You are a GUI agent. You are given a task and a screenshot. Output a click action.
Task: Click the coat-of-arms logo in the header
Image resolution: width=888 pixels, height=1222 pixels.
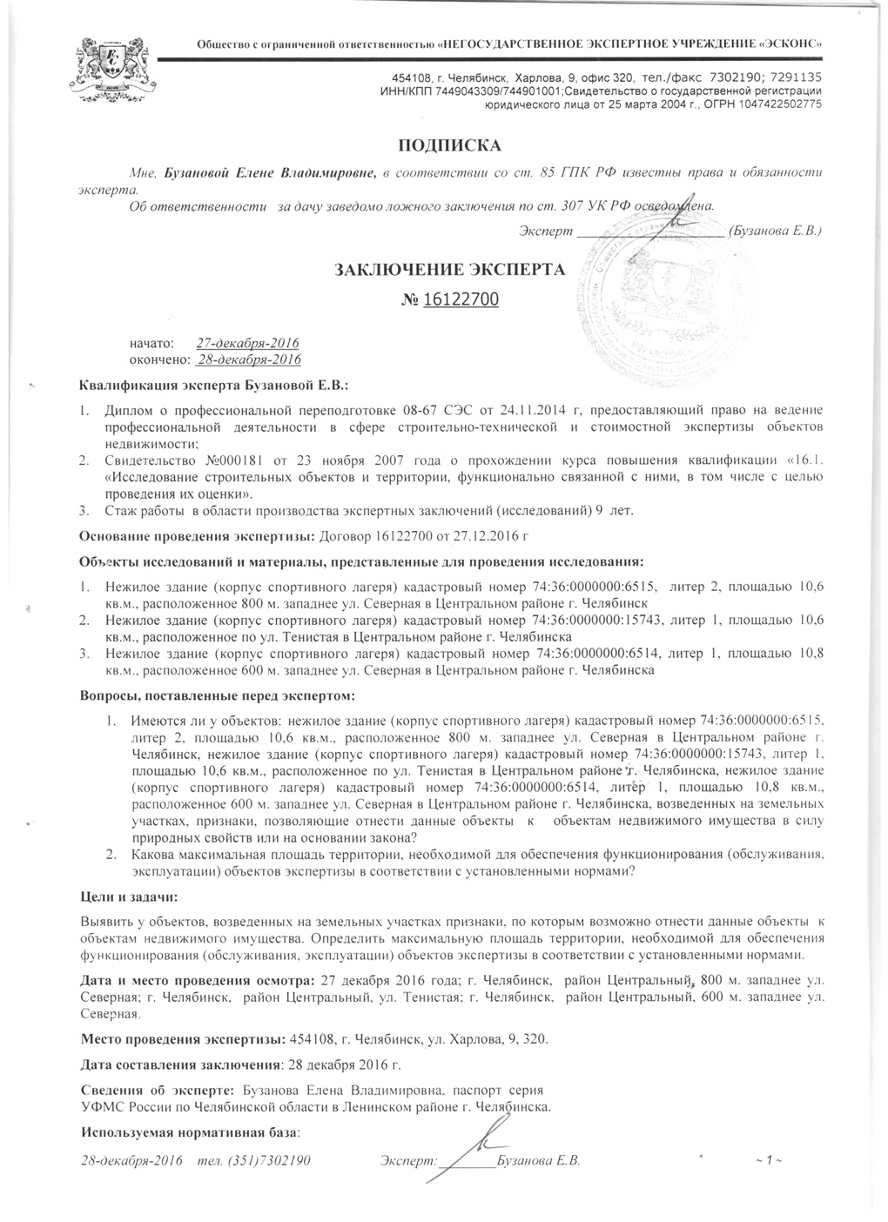(x=112, y=70)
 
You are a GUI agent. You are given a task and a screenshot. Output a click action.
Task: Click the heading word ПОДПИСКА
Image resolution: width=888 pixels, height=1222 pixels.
(x=450, y=144)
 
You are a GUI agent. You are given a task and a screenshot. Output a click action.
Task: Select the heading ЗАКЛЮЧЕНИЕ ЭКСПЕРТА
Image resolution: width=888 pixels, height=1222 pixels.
(x=450, y=269)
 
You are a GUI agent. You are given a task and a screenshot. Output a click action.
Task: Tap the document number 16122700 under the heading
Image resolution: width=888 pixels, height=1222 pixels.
(x=461, y=300)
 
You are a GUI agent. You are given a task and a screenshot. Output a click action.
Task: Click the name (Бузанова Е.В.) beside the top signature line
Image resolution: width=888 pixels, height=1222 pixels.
(x=773, y=232)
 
